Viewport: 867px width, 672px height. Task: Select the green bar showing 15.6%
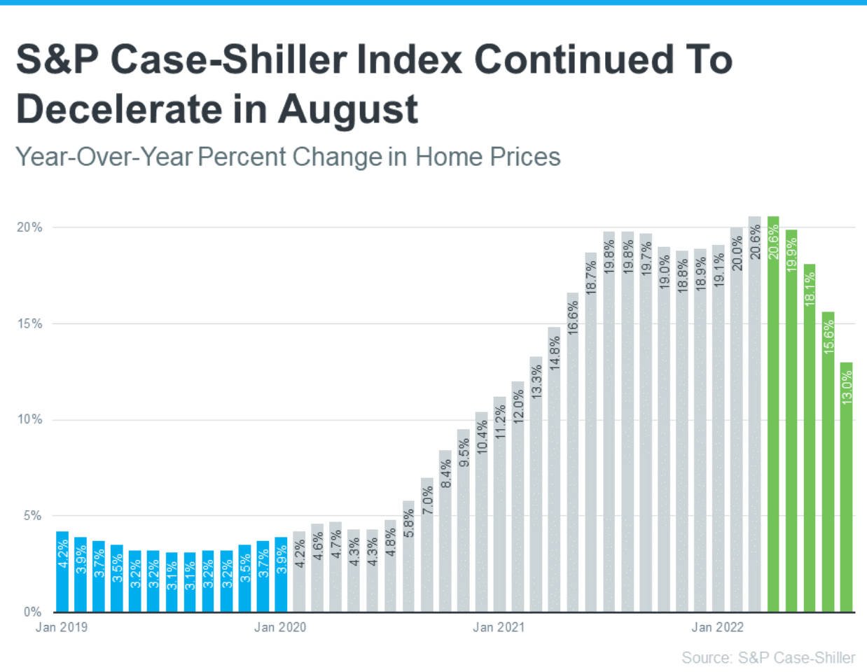coord(828,462)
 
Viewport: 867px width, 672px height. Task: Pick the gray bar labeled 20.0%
coord(736,420)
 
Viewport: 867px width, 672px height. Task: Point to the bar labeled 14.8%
coord(554,469)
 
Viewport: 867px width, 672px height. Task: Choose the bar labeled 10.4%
coord(481,512)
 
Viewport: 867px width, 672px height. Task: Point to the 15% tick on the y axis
coord(29,323)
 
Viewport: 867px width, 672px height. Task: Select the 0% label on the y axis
coord(32,612)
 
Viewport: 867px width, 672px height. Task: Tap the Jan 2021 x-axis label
coord(498,627)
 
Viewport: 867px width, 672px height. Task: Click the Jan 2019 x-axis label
coord(62,627)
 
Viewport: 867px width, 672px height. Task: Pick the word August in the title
coord(347,110)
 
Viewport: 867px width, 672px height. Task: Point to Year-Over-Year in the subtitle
coord(104,157)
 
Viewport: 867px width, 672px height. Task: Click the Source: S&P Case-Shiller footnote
coord(768,658)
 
